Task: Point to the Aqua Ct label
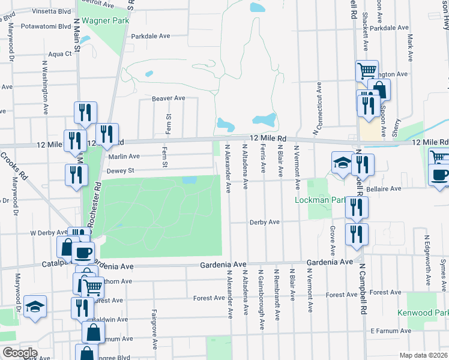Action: pyautogui.click(x=60, y=53)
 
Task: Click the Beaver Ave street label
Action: pyautogui.click(x=168, y=98)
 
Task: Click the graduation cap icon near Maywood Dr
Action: pyautogui.click(x=35, y=306)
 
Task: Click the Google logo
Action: pyautogui.click(x=19, y=353)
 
